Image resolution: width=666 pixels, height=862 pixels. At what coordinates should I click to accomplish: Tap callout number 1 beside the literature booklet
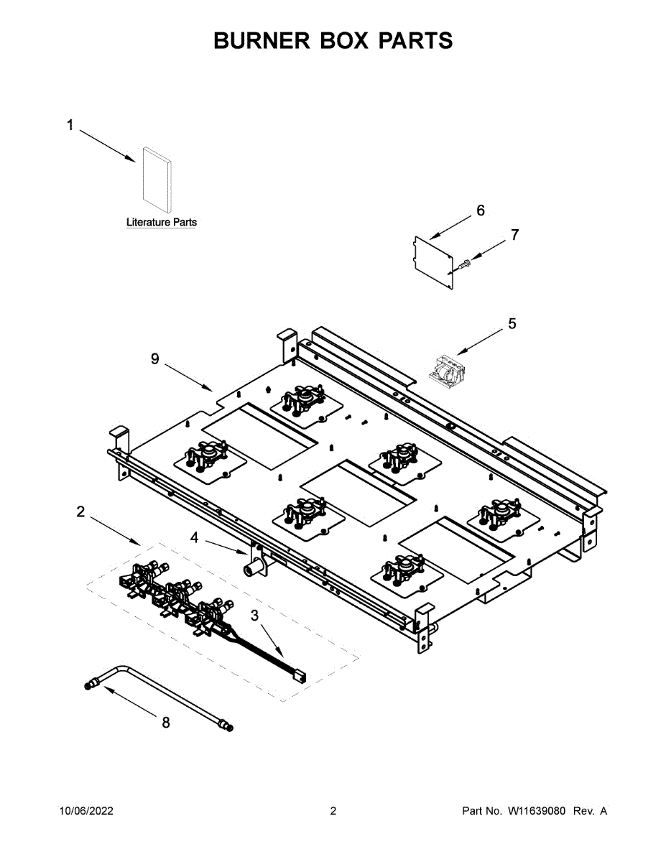[x=70, y=126]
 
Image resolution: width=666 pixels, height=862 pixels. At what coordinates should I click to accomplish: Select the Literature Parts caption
[x=161, y=223]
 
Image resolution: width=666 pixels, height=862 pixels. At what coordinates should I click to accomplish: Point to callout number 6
[x=481, y=210]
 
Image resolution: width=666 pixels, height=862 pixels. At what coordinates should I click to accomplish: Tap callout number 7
[x=514, y=234]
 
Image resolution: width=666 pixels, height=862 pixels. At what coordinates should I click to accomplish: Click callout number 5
[x=512, y=324]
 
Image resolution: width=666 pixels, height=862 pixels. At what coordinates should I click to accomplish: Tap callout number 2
[x=80, y=511]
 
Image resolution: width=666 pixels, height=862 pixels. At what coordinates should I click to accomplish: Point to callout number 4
[x=194, y=536]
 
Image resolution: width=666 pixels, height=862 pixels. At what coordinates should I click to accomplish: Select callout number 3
[x=255, y=616]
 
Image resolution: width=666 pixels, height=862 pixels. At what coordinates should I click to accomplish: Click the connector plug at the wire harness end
[x=299, y=675]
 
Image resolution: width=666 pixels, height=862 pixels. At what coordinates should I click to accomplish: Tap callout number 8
[x=166, y=723]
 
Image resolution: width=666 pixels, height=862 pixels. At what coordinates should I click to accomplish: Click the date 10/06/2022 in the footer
[x=85, y=811]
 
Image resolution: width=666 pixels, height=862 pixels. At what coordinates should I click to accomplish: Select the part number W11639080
[x=538, y=811]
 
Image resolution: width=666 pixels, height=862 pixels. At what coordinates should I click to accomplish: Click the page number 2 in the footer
[x=333, y=811]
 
